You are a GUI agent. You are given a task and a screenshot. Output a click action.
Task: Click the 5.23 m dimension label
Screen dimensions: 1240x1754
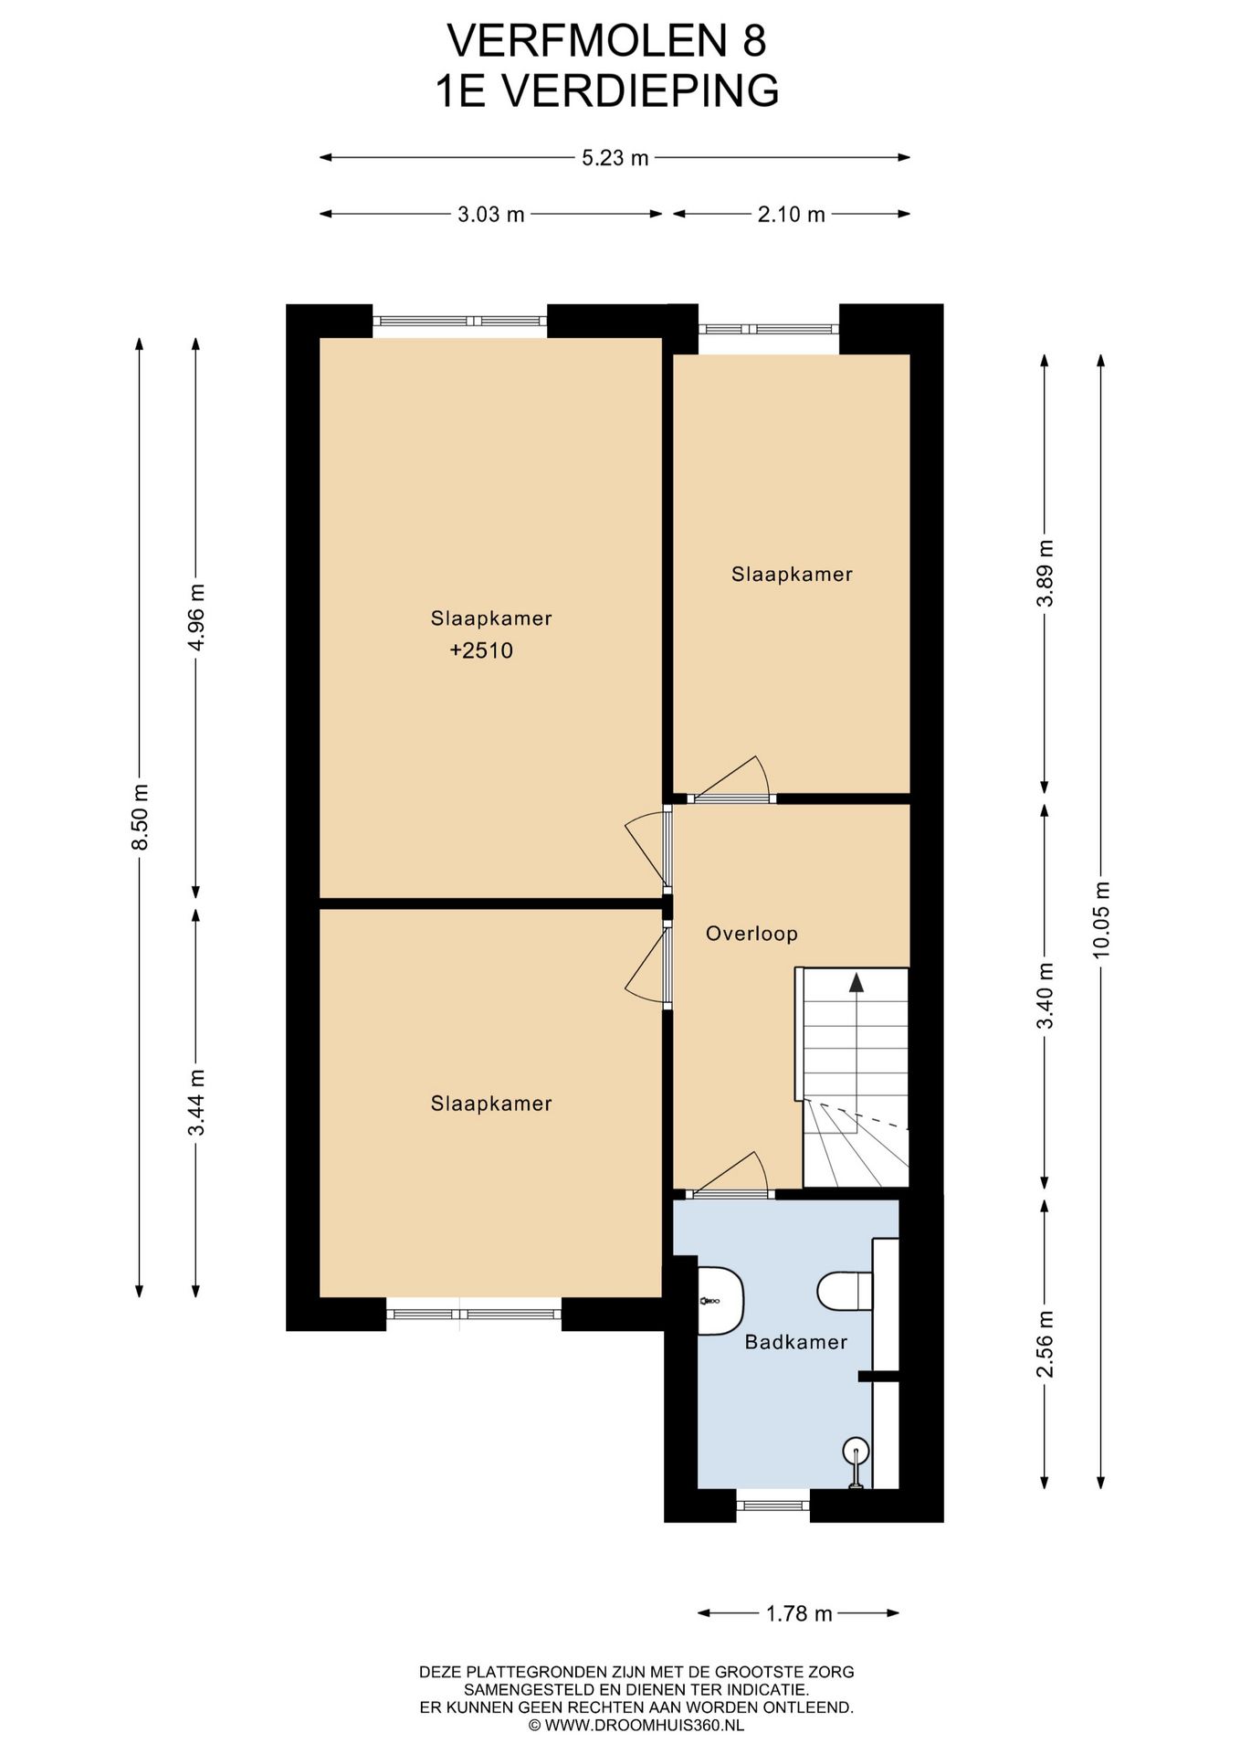[615, 158]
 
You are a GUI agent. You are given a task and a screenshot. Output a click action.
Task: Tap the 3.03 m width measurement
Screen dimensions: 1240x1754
[491, 215]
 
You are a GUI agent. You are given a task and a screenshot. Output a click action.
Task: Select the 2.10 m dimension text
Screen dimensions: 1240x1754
[791, 215]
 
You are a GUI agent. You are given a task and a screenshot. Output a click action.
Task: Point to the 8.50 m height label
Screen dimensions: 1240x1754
[140, 817]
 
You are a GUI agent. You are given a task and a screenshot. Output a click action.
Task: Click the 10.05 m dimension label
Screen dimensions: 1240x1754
[1100, 918]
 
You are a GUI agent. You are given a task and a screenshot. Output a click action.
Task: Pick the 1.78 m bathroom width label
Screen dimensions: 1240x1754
[799, 1613]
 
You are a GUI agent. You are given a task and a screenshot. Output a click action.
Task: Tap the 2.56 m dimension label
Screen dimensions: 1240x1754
[1046, 1344]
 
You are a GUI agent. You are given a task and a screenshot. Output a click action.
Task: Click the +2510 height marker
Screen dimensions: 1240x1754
[481, 650]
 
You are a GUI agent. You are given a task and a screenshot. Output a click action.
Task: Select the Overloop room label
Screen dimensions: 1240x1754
[751, 934]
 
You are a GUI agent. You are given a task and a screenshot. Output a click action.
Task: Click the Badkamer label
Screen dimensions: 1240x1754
[796, 1342]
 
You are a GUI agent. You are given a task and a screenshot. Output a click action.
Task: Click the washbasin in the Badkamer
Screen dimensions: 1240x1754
[720, 1300]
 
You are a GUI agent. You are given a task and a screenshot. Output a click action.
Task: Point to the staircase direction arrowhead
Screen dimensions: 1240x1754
[856, 982]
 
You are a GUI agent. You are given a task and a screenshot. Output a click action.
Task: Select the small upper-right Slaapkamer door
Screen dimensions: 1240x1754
[730, 780]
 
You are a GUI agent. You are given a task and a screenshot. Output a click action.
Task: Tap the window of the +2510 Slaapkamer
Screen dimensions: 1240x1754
[459, 321]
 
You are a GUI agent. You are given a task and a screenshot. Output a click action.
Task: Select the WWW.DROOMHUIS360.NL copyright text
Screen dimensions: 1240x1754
[636, 1726]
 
